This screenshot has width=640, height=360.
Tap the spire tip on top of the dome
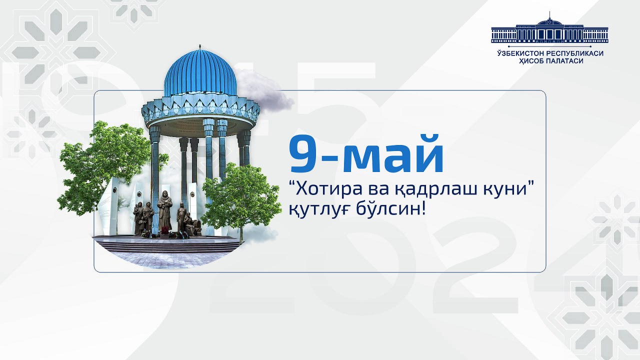pos(200,47)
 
